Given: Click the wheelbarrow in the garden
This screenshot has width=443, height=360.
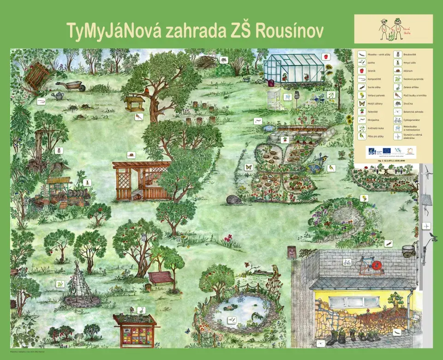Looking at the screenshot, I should pos(71,85).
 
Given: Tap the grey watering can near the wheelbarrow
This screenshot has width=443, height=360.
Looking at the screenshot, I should pos(58,96).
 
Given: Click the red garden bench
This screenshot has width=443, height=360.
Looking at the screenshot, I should pos(161,278).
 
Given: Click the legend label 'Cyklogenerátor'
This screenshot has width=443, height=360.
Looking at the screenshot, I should pos(412,120).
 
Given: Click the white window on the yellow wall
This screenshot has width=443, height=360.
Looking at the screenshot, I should pos(352,302).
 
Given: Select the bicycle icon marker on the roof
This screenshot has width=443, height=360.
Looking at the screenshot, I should pos(347,263).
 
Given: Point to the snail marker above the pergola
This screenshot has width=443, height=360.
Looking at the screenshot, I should pos(131,155).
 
